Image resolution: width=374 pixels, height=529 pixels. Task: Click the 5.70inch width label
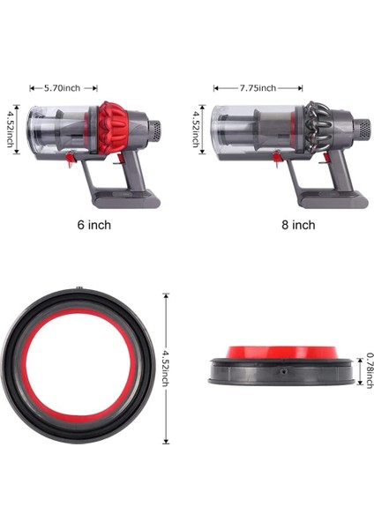click(x=63, y=88)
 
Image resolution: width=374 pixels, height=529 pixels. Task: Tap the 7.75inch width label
click(x=257, y=88)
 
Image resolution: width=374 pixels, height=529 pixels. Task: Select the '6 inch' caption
click(x=93, y=225)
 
